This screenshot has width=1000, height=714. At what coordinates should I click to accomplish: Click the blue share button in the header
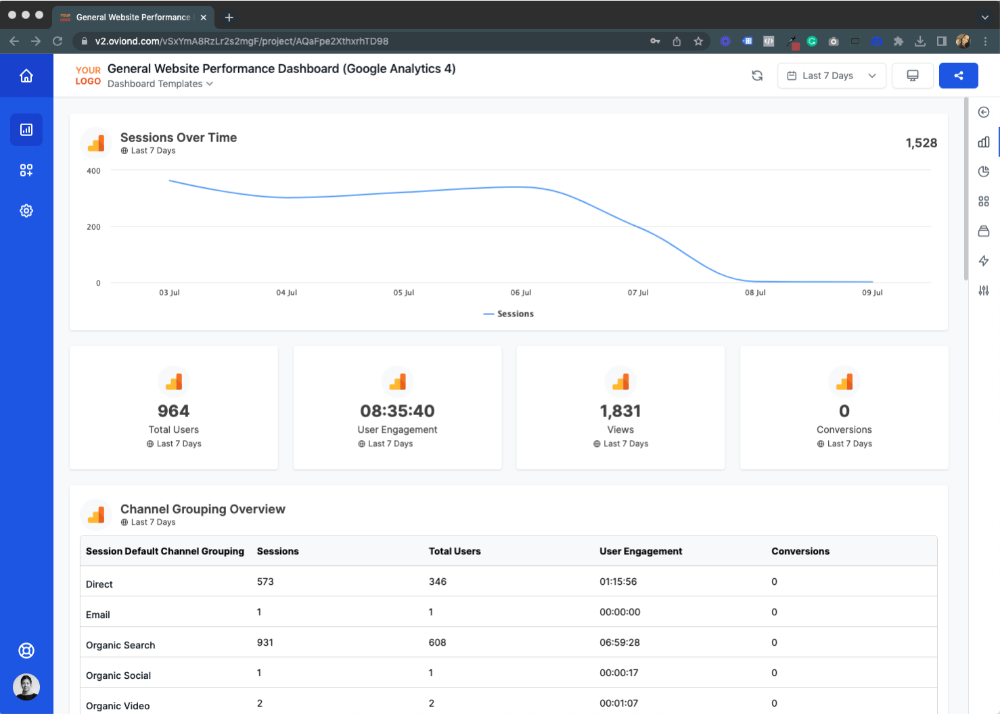click(958, 76)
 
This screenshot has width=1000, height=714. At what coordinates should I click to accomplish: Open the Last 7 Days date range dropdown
click(831, 76)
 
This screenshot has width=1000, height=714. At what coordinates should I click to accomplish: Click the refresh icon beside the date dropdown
click(757, 76)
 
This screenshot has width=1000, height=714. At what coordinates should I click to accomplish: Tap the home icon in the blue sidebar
click(26, 76)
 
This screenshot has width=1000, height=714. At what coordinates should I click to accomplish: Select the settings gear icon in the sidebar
click(26, 211)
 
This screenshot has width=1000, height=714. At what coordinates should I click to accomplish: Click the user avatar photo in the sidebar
click(26, 687)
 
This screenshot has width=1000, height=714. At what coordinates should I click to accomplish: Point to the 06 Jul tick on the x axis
click(520, 293)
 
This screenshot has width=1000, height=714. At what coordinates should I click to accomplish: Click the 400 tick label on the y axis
click(93, 171)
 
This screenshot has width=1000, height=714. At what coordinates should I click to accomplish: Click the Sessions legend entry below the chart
click(509, 314)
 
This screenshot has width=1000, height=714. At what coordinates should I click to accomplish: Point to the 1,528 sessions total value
click(921, 143)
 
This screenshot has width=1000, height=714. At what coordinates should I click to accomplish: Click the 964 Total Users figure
click(173, 411)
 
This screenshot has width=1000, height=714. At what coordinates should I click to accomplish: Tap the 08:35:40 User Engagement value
click(397, 411)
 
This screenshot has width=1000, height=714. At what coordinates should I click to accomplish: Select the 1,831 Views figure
click(620, 411)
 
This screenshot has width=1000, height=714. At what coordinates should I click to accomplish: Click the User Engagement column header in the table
click(640, 551)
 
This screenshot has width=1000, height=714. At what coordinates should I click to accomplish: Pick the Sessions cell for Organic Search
click(265, 642)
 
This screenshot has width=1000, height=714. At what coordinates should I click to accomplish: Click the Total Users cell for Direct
click(437, 581)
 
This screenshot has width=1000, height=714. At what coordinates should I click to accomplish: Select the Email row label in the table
click(98, 615)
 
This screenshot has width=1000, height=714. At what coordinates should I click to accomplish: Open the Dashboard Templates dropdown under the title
click(160, 84)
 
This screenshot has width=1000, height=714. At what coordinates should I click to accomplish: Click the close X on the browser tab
click(204, 18)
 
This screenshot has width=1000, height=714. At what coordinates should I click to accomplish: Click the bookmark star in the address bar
click(698, 41)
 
